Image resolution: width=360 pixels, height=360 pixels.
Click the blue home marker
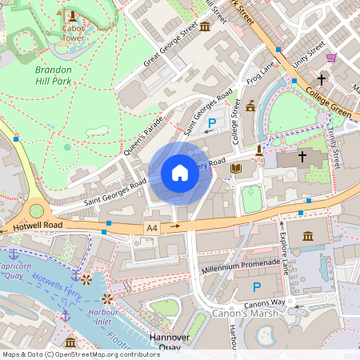pyautogui.click(x=180, y=173)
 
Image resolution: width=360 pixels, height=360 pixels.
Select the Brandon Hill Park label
pyautogui.click(x=53, y=75)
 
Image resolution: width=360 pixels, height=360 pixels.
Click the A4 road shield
pyautogui.click(x=152, y=229)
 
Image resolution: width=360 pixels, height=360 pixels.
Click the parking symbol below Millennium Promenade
pyautogui.click(x=257, y=286)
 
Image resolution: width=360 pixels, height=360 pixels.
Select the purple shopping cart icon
pyautogui.click(x=331, y=58)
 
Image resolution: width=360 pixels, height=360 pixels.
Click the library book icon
pyautogui.click(x=235, y=169)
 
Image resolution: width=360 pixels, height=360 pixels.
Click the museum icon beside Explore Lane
pyautogui.click(x=308, y=236)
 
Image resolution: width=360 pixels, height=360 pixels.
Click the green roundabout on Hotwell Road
pyautogui.click(x=36, y=211)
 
